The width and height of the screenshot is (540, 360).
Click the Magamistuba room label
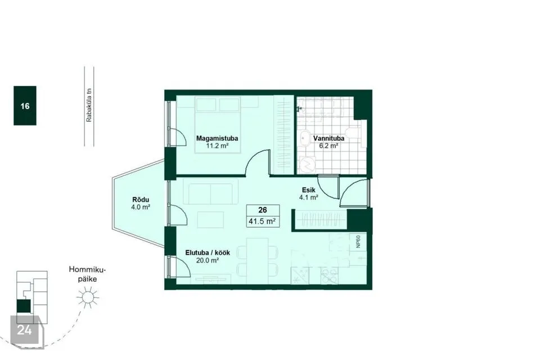coord(217,138)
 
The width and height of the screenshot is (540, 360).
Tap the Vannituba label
coord(328,138)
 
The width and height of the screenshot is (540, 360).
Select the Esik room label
coord(309,190)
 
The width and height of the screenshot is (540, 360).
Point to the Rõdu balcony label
coord(141,200)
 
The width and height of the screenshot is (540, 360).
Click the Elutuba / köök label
coord(208,253)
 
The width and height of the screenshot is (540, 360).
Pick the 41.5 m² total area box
coord(263,221)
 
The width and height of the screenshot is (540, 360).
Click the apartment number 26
coord(263,210)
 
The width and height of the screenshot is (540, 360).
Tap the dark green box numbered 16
coord(25,105)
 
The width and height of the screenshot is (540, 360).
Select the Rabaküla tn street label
coord(89,105)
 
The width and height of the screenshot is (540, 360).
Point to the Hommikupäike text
coord(87,274)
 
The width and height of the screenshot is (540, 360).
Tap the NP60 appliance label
coord(358,241)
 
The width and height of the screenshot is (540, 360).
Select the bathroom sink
coord(305,138)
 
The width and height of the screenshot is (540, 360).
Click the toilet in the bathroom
coord(354,137)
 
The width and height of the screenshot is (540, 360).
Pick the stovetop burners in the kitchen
coord(329,276)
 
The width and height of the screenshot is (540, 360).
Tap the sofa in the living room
coord(211,193)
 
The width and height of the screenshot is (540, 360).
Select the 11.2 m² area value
coord(217,146)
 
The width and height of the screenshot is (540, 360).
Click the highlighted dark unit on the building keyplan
coord(24,306)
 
